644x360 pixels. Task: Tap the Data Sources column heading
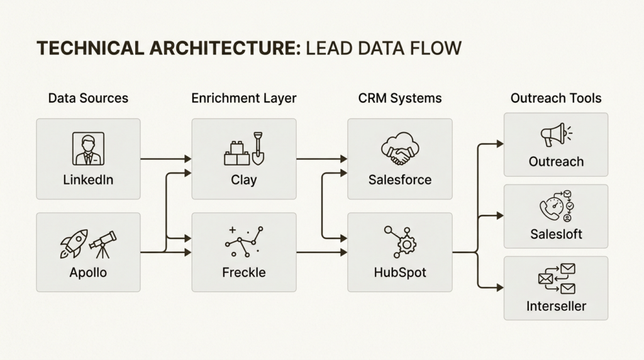point(88,98)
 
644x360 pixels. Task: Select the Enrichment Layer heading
point(244,98)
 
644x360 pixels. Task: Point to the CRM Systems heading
point(400,98)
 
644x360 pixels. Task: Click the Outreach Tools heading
point(556,98)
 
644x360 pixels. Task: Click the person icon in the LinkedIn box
point(88,149)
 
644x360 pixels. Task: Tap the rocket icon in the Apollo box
point(73,243)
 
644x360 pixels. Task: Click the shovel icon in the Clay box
point(258,147)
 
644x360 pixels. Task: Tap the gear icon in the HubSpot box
point(407,244)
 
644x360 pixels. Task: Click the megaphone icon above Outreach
point(553,135)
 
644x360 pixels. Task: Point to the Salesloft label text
point(557,234)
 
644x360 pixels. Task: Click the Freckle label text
point(244,273)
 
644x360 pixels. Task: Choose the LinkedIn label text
point(88,180)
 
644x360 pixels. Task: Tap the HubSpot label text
point(400,273)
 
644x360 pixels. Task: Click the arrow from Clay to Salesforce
point(321,159)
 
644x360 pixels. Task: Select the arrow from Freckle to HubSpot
point(321,252)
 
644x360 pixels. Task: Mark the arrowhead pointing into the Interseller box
point(500,288)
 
